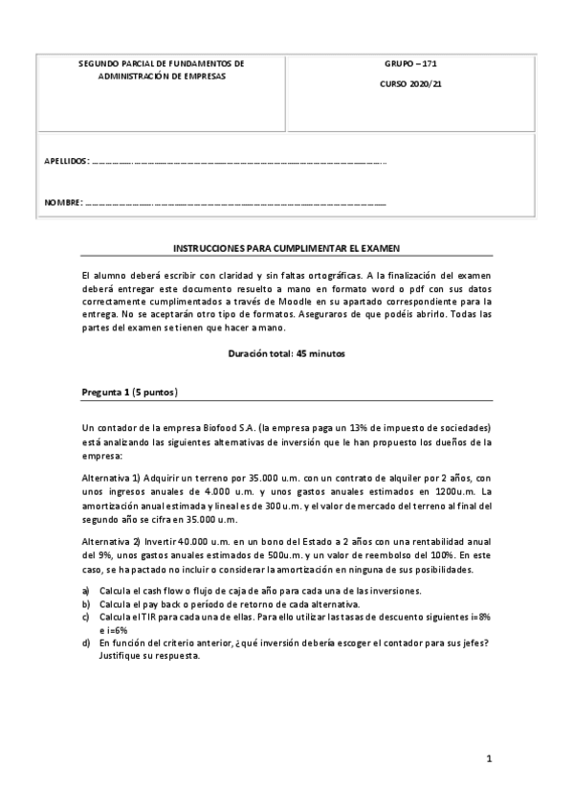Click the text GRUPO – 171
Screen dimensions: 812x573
click(411, 65)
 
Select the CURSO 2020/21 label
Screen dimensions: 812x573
click(411, 84)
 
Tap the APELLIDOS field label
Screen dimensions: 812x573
click(67, 161)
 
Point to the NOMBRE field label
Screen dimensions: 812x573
click(63, 203)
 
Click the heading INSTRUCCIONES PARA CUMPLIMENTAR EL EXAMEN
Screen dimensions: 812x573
click(286, 246)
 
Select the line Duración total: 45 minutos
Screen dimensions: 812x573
click(286, 353)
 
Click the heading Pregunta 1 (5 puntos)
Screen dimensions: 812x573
click(129, 393)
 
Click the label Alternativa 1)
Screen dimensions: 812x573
click(112, 478)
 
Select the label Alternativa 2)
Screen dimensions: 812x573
click(112, 543)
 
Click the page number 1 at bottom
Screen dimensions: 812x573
click(488, 760)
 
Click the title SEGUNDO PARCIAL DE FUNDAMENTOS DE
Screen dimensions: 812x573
click(161, 63)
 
